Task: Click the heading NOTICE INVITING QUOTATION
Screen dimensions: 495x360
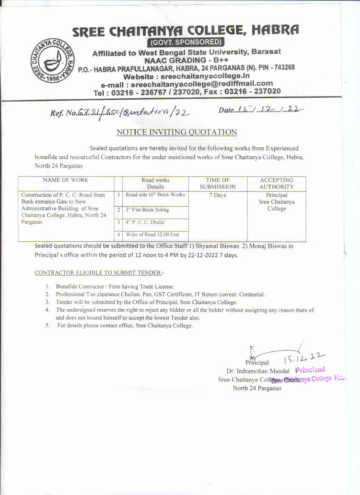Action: pos(177,132)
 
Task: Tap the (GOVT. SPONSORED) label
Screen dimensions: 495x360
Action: pos(186,42)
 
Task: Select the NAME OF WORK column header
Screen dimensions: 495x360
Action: pos(66,180)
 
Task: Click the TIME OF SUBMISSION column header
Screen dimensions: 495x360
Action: pos(217,183)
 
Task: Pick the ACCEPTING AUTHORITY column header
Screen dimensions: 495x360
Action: pos(277,183)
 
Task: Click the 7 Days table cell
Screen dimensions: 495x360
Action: pos(217,195)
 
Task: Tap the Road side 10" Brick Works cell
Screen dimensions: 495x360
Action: pos(155,195)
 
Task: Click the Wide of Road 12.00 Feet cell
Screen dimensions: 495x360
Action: pos(152,234)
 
